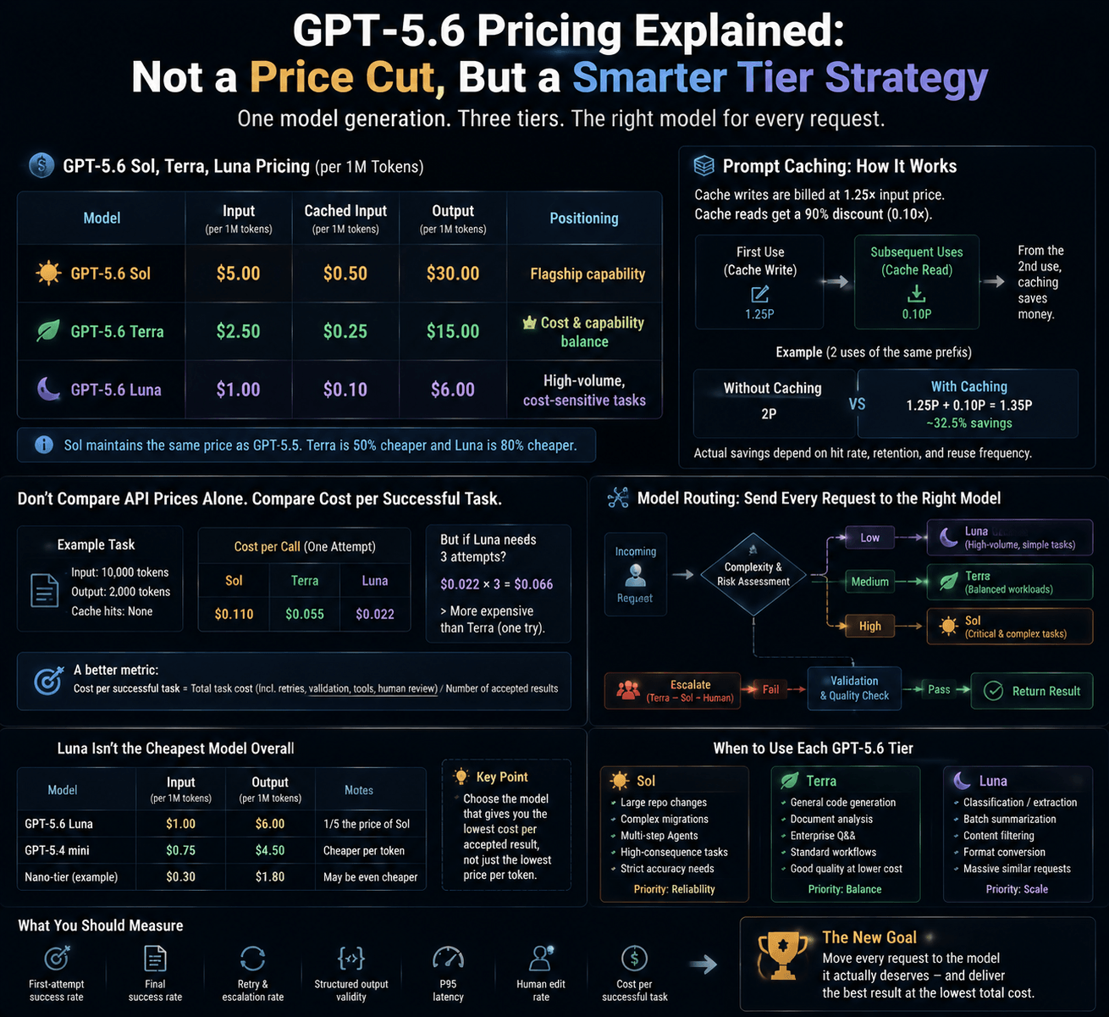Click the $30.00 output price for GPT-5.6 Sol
[x=453, y=274]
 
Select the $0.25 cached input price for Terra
[x=345, y=331]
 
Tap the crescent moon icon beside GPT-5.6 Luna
[x=48, y=389]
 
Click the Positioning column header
[x=584, y=218]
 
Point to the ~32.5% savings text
[x=969, y=423]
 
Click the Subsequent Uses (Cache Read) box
[x=917, y=282]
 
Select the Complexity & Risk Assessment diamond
[x=753, y=575]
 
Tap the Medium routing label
[x=869, y=582]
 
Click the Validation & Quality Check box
[x=854, y=688]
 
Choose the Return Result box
[x=1032, y=691]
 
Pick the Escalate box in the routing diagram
[x=672, y=691]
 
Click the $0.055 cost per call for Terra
[x=305, y=614]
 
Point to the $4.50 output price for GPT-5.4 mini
[x=270, y=850]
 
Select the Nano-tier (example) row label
[x=71, y=877]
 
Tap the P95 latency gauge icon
[x=448, y=959]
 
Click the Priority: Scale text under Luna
[x=1017, y=889]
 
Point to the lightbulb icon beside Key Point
[x=461, y=777]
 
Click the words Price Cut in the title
[x=347, y=77]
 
